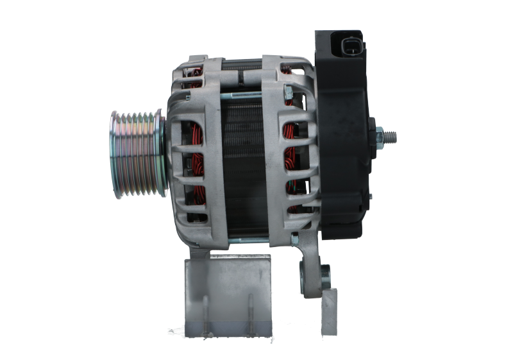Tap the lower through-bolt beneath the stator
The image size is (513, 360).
(256, 242)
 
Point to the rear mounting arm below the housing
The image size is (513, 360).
(310, 263)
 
